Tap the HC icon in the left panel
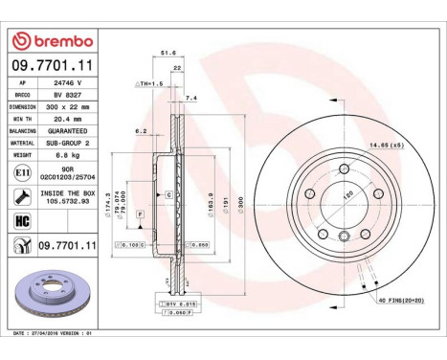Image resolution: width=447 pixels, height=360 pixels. click(23, 219)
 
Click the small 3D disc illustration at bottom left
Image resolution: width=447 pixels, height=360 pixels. click(56, 297)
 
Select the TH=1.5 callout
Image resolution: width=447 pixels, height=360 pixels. click(151, 84)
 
